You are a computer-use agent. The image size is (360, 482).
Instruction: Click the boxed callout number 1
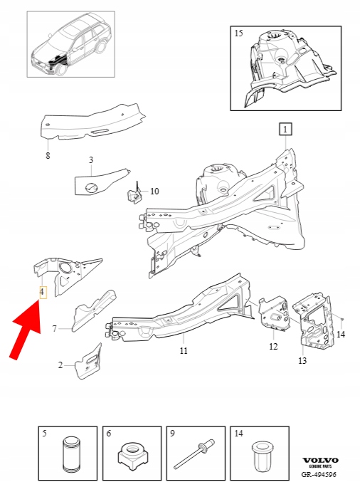click(x=285, y=130)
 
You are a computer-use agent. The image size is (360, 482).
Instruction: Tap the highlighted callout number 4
click(x=43, y=292)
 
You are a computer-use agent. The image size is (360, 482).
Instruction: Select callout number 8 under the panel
click(x=48, y=155)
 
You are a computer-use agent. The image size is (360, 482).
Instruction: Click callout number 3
click(x=91, y=160)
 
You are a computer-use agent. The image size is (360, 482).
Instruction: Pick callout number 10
click(x=154, y=192)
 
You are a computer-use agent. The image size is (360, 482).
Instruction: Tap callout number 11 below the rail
click(x=184, y=350)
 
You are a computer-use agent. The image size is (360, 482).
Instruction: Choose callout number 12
click(x=273, y=347)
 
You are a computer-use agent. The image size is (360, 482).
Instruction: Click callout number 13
click(x=302, y=360)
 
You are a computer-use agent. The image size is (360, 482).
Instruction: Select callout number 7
click(x=55, y=329)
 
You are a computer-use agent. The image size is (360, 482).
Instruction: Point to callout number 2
click(x=60, y=365)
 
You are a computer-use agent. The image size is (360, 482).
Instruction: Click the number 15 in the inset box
click(x=238, y=33)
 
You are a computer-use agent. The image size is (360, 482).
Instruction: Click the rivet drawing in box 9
click(x=195, y=454)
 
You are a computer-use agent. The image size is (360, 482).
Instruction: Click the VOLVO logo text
click(x=320, y=461)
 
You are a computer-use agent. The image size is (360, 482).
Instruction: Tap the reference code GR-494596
click(x=319, y=475)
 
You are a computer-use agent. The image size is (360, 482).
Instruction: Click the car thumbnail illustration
click(x=71, y=44)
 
